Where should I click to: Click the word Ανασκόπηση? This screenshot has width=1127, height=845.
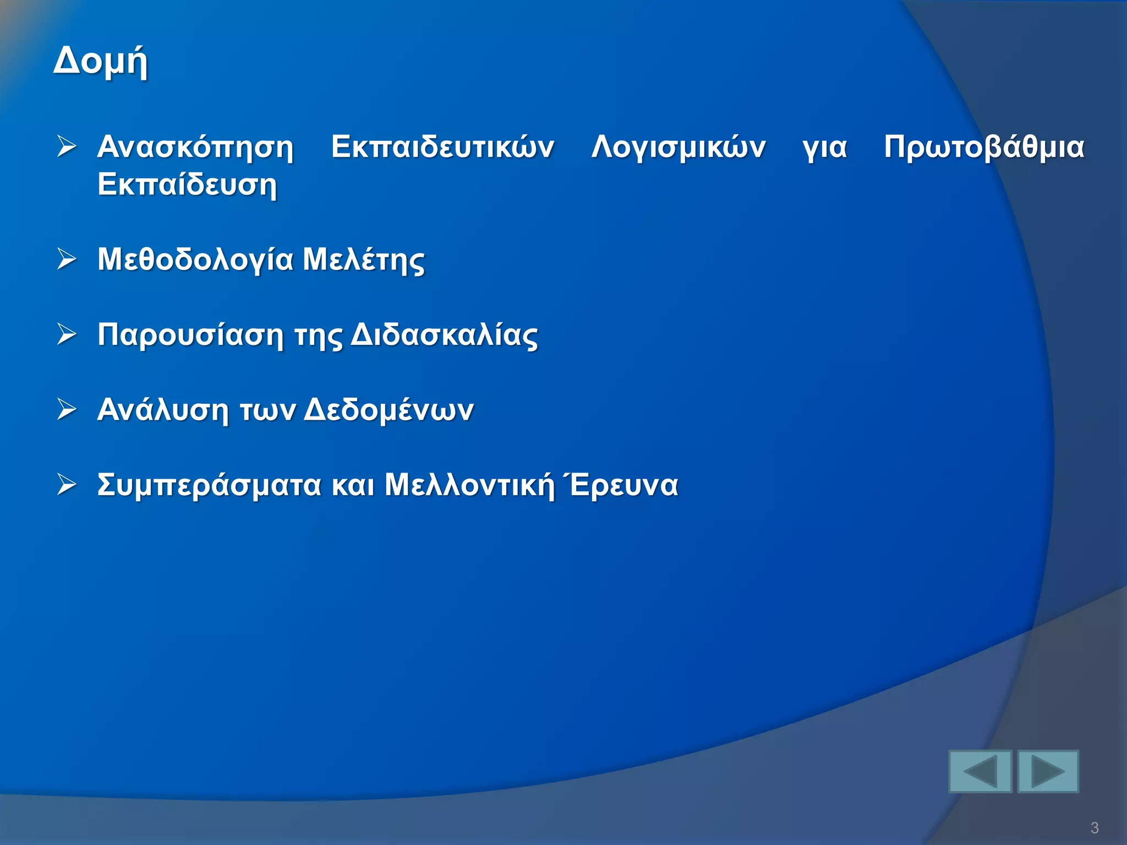coord(195,147)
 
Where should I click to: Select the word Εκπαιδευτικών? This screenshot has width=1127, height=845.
coord(442,147)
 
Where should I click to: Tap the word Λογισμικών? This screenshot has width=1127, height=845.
coord(679,147)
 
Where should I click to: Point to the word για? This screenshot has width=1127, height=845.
coord(824,147)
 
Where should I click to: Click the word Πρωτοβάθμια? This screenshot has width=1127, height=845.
coord(984,147)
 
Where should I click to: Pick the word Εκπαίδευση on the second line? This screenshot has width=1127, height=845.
coord(187,184)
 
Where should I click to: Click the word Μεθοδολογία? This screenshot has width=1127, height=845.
coord(195,259)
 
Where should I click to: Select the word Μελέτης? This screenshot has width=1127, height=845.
coord(364,259)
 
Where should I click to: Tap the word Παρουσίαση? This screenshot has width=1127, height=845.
coord(190,334)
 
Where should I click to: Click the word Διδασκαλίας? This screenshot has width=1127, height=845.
coord(444,334)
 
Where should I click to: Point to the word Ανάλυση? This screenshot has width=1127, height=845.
coord(162,410)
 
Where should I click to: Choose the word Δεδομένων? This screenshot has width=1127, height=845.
coord(389,410)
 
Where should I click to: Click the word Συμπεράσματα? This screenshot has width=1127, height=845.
coord(209,485)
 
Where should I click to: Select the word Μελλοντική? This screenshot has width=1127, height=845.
coord(469,485)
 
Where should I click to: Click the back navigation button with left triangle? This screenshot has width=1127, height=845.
coord(980,771)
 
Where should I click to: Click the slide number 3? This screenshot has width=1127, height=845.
coord(1094,828)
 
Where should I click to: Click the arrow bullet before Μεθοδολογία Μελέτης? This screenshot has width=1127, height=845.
coord(67,259)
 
